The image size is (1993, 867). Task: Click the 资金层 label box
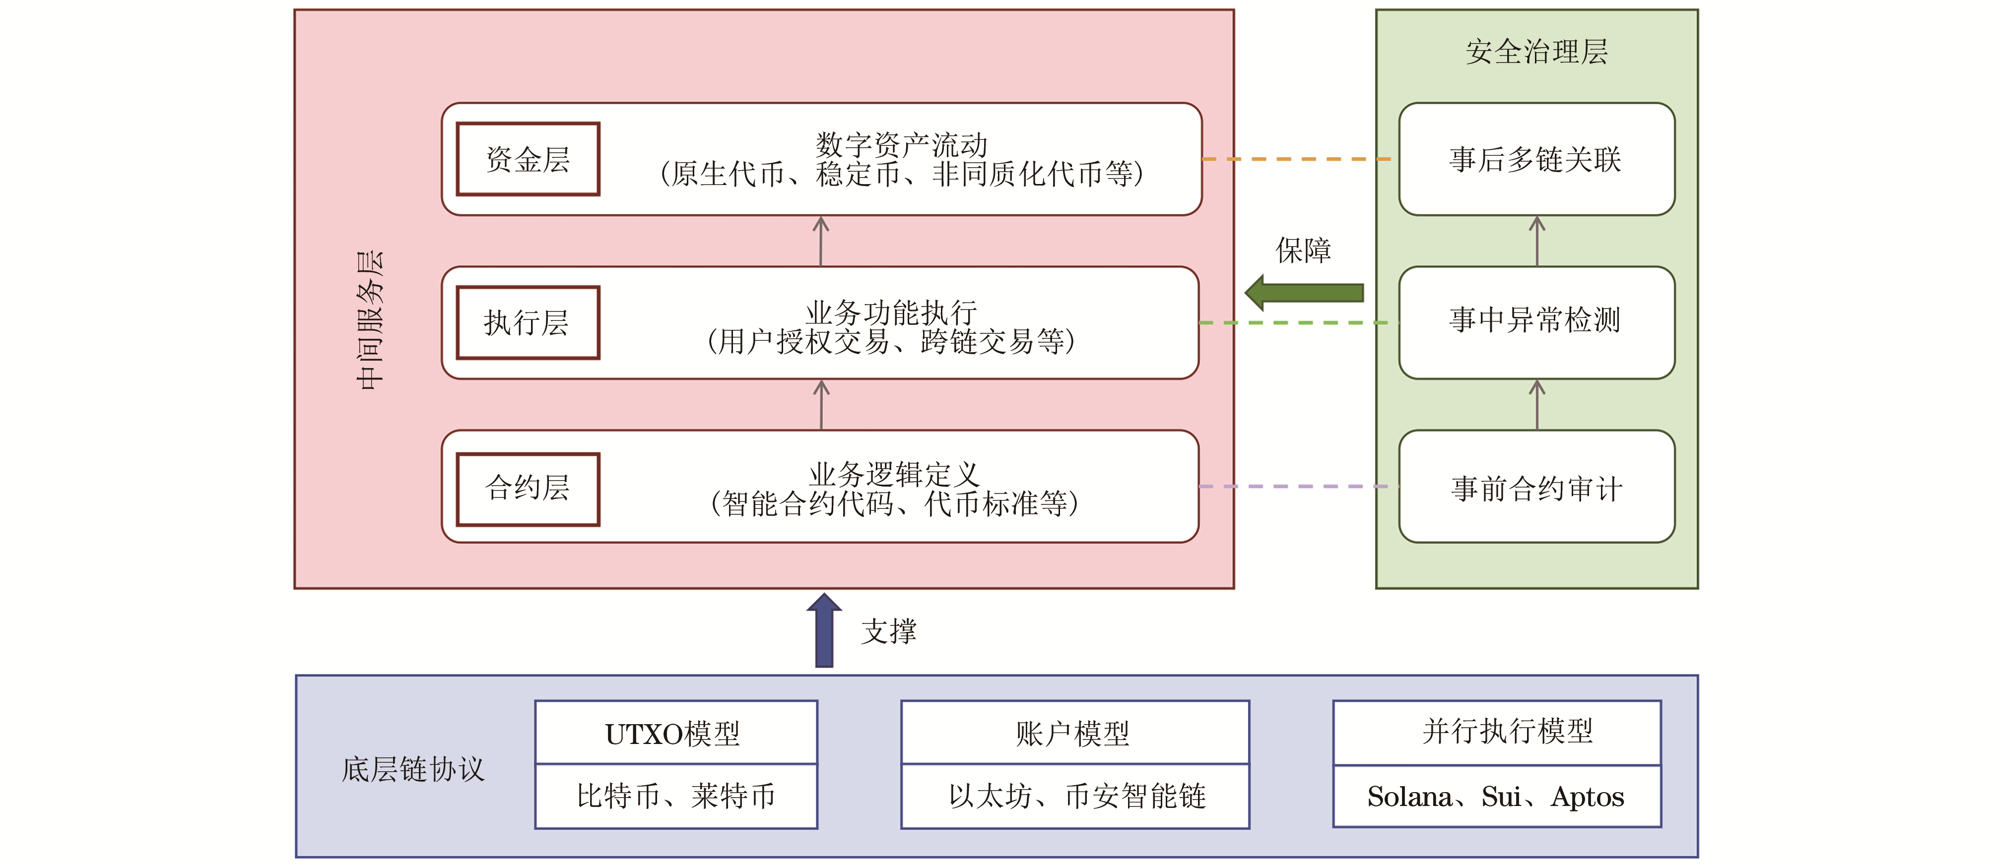pyautogui.click(x=528, y=159)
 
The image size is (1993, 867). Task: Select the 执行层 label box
pyautogui.click(x=528, y=322)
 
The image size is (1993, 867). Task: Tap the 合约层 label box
pyautogui.click(x=528, y=489)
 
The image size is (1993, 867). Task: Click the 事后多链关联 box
pyautogui.click(x=1536, y=159)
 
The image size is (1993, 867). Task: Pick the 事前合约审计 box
pyautogui.click(x=1536, y=487)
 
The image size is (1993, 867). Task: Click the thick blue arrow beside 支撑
pyautogui.click(x=824, y=630)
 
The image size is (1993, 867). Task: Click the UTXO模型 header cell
pyautogui.click(x=675, y=733)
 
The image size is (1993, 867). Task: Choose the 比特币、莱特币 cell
pyautogui.click(x=675, y=797)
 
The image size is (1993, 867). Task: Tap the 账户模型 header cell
pyautogui.click(x=1074, y=733)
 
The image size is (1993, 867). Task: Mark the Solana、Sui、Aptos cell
pyautogui.click(x=1496, y=797)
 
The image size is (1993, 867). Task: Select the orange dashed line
pyautogui.click(x=1296, y=159)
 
